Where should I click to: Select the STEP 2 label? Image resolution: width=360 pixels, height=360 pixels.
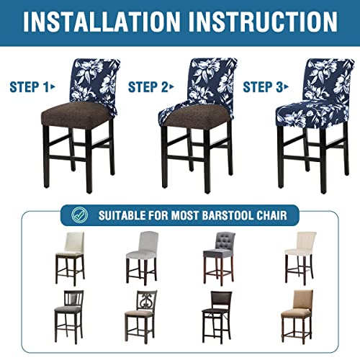point(150,87)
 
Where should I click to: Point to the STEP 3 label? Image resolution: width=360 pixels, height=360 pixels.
point(264,87)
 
